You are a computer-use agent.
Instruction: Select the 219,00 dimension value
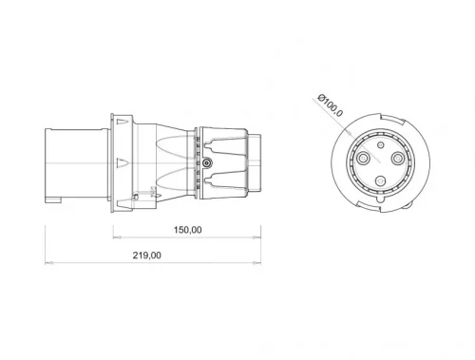[x=148, y=255]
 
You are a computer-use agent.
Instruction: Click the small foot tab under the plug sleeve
[x=53, y=201]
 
